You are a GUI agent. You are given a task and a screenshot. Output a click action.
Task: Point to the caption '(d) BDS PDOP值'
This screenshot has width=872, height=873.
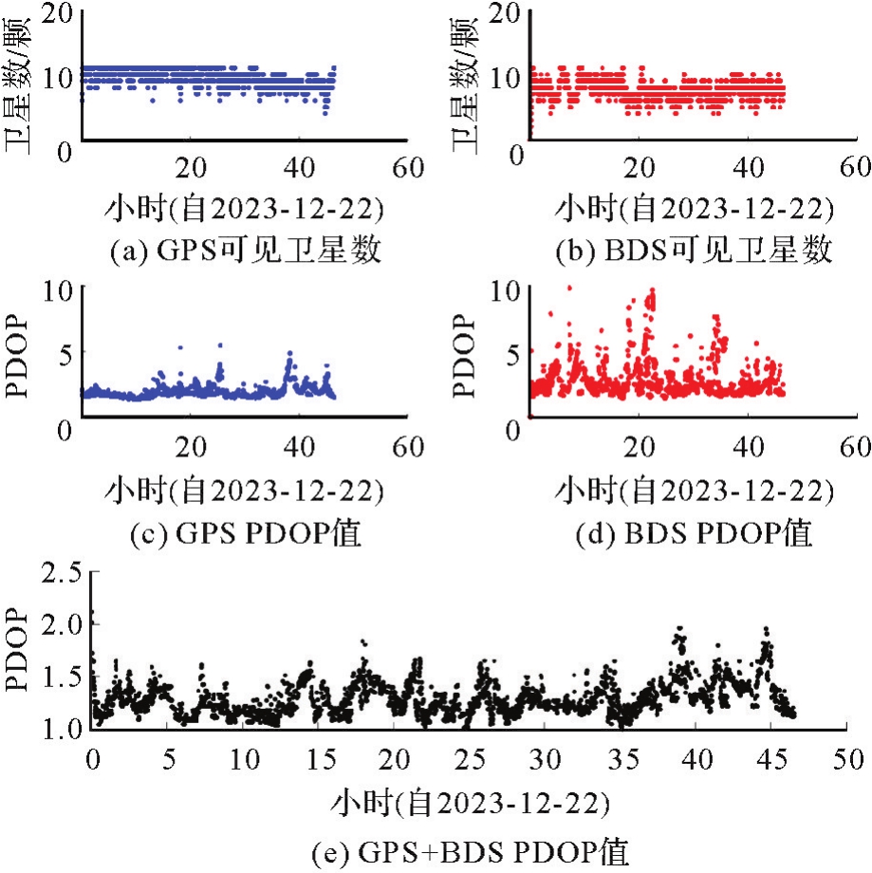tap(695, 534)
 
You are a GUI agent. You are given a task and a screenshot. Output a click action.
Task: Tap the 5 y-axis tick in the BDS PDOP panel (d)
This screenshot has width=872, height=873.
tap(512, 357)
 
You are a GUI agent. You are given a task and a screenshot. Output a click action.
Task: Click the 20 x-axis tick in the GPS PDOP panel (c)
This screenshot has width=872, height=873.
tap(192, 445)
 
